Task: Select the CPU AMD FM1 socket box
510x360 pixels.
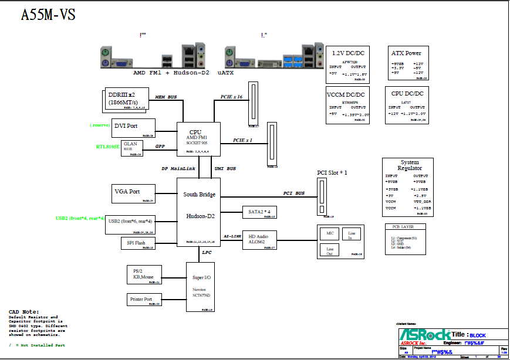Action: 198,138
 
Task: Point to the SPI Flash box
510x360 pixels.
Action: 132,243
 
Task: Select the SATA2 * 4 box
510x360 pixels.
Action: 259,212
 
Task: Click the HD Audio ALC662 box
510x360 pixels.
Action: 259,239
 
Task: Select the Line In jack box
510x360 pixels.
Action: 352,235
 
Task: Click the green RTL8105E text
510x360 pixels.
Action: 108,147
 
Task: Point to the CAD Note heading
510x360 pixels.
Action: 23,311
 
